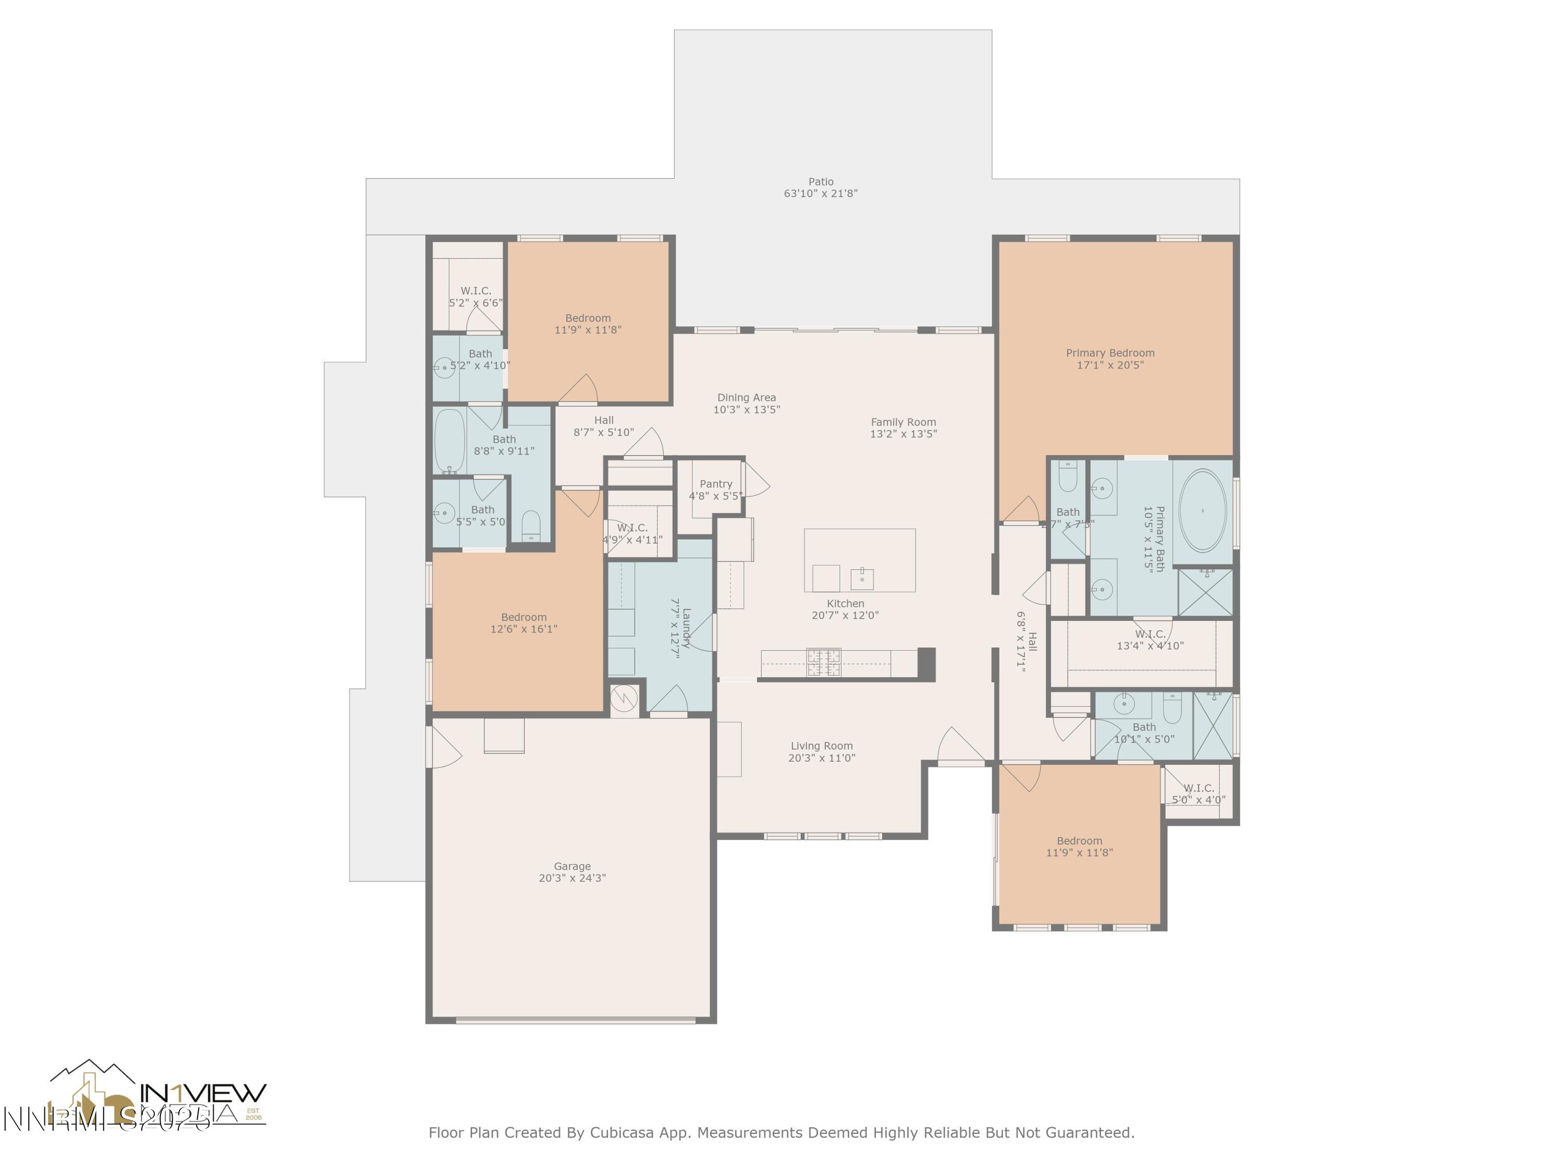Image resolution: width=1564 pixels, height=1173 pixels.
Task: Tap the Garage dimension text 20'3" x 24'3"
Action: [572, 878]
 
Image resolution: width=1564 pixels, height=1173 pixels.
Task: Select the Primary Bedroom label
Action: [1109, 353]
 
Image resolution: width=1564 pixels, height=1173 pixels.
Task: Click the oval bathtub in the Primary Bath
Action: [1202, 510]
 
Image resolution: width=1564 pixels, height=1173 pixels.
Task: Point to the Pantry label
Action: [716, 484]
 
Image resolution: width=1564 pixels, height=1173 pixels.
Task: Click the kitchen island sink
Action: [862, 578]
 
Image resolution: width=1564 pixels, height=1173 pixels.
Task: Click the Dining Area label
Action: [746, 397]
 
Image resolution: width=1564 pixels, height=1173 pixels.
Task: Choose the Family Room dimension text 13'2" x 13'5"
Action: [903, 434]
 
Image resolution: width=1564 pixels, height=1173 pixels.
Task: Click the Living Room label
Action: [821, 746]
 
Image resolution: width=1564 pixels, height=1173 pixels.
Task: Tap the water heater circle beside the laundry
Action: [624, 699]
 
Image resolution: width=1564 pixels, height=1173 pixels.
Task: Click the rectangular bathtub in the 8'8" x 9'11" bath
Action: [449, 441]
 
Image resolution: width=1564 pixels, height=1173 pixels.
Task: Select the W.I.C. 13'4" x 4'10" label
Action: [1150, 640]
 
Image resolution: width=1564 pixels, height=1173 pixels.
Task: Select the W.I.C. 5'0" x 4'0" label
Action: [1199, 793]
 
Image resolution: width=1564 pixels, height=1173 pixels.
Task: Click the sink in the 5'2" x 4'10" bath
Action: [444, 368]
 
